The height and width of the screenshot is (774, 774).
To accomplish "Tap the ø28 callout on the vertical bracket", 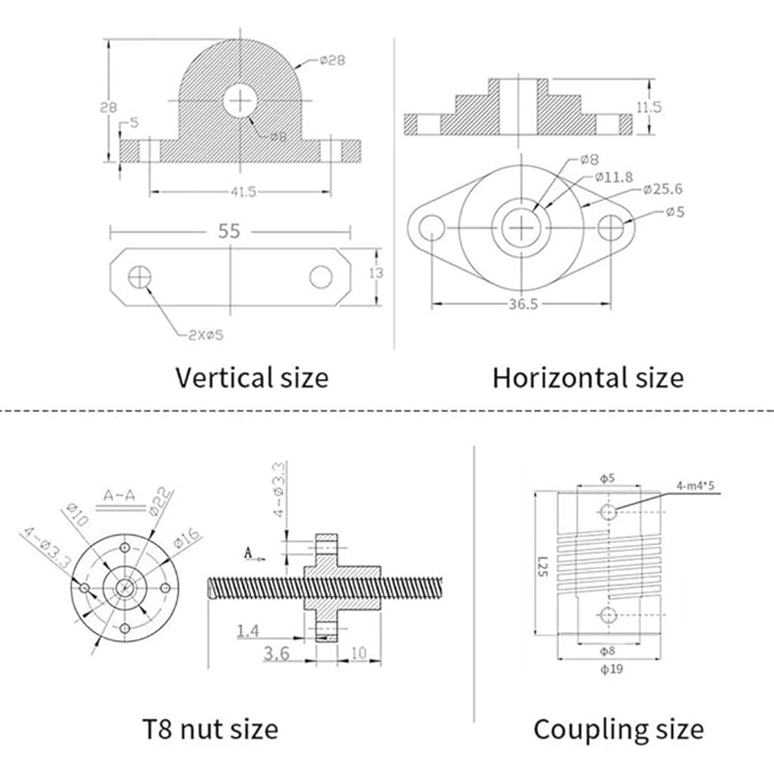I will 332,62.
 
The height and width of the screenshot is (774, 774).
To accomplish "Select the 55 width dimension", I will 229,232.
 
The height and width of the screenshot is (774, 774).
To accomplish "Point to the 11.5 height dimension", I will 649,107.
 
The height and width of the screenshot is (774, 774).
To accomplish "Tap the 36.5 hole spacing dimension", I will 522,304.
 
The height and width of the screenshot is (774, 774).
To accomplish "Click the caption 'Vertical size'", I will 251,378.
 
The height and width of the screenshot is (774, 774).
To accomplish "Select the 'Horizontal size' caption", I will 588,378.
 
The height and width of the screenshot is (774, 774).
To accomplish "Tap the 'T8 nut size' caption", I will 210,729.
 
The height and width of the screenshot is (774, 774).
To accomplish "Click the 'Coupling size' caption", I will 618,729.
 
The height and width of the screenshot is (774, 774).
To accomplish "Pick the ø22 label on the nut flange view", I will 161,502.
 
